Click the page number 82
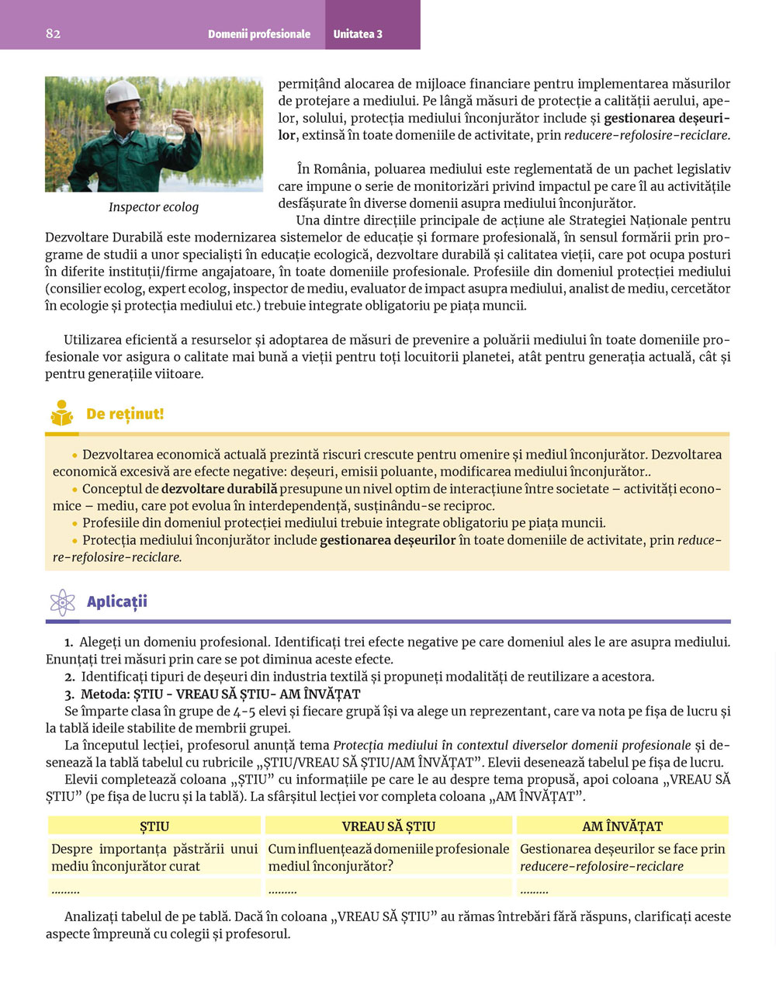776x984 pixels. point(53,33)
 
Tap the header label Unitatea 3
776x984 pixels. point(358,34)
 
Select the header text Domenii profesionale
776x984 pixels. point(258,34)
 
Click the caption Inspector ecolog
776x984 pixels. point(154,207)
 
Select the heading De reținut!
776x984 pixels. point(125,414)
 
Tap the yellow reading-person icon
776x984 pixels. point(62,414)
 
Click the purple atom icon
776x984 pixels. point(62,602)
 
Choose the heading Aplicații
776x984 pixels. point(117,601)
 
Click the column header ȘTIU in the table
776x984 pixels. point(154,826)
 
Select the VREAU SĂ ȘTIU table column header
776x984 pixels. point(388,826)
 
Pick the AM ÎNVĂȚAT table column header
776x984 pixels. point(622,826)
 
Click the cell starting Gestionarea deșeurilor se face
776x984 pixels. point(622,858)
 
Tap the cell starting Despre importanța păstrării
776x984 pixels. point(154,858)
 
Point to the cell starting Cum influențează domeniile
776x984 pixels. point(388,858)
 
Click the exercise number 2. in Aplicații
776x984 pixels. point(70,677)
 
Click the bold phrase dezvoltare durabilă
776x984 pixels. point(219,489)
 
